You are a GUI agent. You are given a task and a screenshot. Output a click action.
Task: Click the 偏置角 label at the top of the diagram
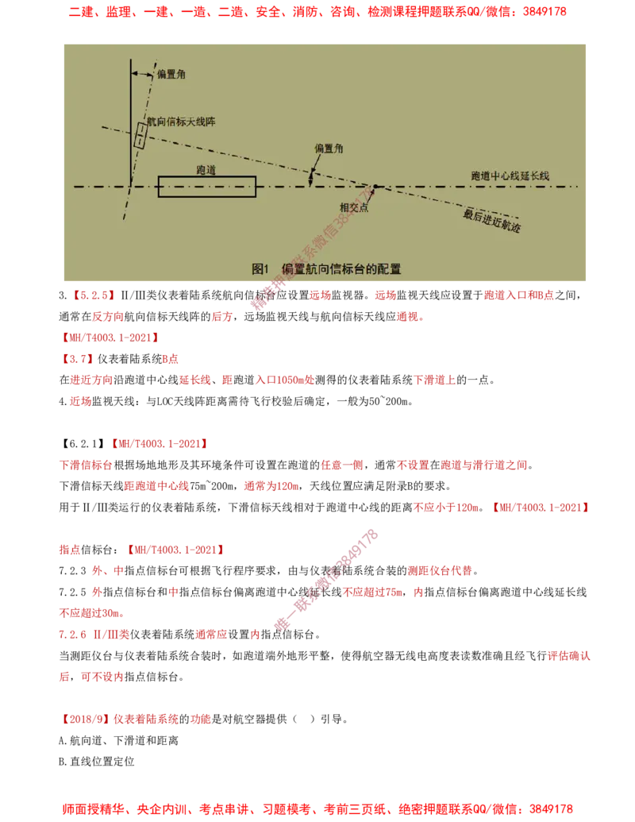171,74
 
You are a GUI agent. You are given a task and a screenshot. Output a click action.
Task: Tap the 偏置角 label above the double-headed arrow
329,149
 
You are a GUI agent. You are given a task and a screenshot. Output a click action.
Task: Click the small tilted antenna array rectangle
140,135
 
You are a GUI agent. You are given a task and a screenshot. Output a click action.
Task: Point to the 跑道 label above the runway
206,170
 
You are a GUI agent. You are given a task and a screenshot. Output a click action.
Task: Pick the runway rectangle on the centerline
206,187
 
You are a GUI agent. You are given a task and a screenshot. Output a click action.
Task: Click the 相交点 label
354,207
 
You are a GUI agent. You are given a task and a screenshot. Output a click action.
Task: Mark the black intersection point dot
375,187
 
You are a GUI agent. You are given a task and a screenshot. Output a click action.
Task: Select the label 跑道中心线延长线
510,175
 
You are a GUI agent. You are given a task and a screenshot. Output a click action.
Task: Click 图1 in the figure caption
262,269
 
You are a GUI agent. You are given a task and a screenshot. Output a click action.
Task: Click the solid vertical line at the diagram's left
130,119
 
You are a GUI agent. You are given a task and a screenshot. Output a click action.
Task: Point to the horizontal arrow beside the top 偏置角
143,74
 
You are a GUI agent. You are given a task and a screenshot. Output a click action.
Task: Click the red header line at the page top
317,13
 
